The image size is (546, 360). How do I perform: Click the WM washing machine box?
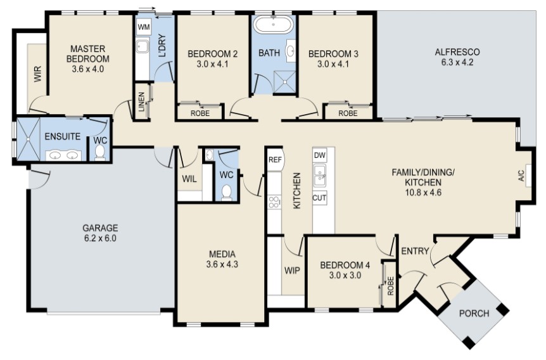pos(143,27)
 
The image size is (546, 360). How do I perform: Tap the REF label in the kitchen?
pos(275,160)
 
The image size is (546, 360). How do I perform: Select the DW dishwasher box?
pos(319,155)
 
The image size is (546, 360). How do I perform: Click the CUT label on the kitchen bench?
pos(319,198)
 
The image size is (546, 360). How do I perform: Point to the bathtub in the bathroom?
pos(274,25)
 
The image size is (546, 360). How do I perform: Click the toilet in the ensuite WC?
pos(100,152)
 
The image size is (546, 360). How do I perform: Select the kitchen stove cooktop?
pos(274,202)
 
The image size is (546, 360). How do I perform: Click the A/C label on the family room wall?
pos(521,176)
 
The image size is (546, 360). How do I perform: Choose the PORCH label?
pos(474,313)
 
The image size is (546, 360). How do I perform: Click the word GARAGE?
pos(100,228)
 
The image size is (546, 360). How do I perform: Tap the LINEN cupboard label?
pos(141,102)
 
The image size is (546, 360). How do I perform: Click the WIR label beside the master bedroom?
pos(37,74)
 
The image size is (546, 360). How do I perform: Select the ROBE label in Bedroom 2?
pos(200,113)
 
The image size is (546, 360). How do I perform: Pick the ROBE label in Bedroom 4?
pos(390,286)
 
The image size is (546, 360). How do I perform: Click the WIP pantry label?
pos(292,271)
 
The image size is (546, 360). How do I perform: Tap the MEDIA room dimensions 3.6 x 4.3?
pos(222,264)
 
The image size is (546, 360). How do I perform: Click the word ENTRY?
pos(415,251)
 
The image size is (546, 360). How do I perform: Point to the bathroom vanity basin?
pos(290,51)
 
